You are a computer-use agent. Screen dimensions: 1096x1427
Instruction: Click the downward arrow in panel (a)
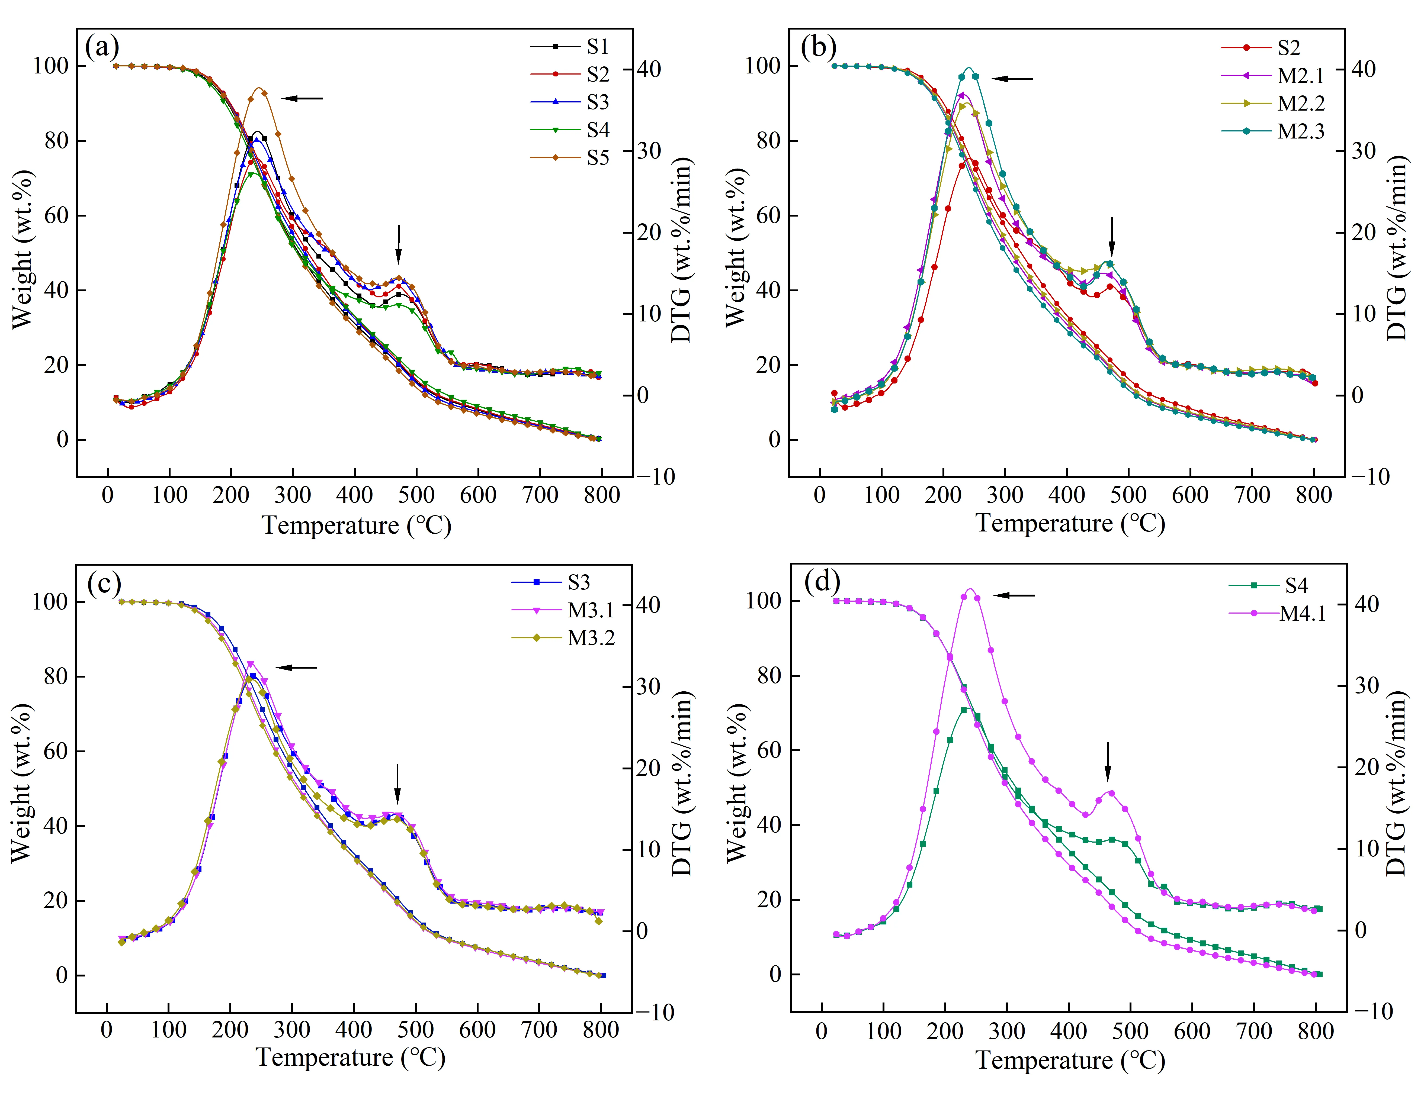399,245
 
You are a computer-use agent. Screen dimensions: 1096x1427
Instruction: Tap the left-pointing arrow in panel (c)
296,668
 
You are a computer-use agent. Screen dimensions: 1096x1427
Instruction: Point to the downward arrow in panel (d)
1107,761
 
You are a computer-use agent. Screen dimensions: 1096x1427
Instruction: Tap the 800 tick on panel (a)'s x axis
602,495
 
